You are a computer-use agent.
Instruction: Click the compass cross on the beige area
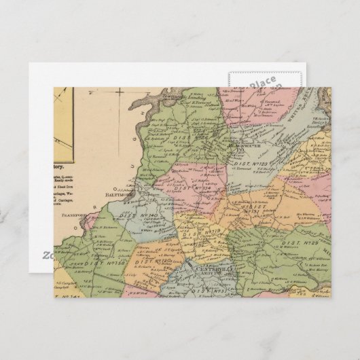pos(118,96)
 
